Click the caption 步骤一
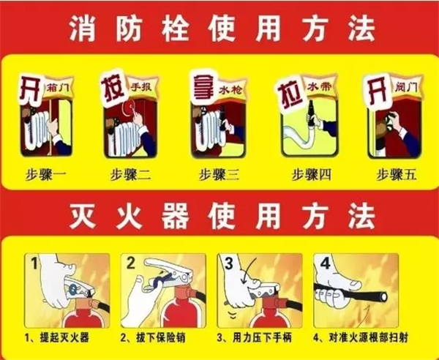(x=45, y=175)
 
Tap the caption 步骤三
(x=219, y=175)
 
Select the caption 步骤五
(x=397, y=175)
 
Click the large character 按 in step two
(x=113, y=88)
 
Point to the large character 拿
(x=203, y=86)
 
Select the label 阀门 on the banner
(x=406, y=88)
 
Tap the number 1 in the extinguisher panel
(x=34, y=263)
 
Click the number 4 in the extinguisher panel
(x=325, y=263)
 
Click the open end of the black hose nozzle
(x=383, y=297)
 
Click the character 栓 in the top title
(x=176, y=29)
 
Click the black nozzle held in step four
(x=310, y=114)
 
